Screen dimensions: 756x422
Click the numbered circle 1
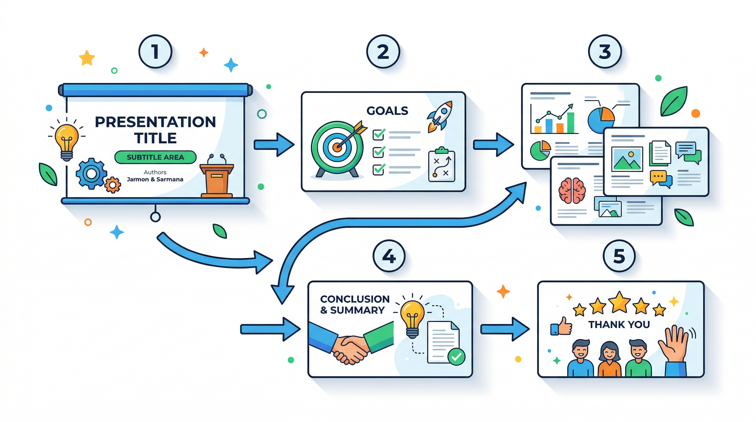click(x=155, y=52)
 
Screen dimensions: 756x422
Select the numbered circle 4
click(x=389, y=256)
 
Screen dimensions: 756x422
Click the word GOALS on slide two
click(x=387, y=111)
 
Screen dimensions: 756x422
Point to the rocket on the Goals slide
click(x=440, y=116)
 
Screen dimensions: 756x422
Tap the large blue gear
click(x=91, y=173)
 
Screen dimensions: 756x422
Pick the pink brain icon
click(x=572, y=190)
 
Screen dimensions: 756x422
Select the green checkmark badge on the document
click(x=456, y=357)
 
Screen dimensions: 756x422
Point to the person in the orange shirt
click(x=609, y=359)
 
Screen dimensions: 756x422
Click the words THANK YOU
click(x=619, y=324)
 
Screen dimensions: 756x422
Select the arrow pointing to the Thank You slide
click(x=505, y=329)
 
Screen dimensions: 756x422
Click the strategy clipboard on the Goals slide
click(x=441, y=165)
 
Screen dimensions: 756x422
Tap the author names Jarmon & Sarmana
click(x=155, y=179)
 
